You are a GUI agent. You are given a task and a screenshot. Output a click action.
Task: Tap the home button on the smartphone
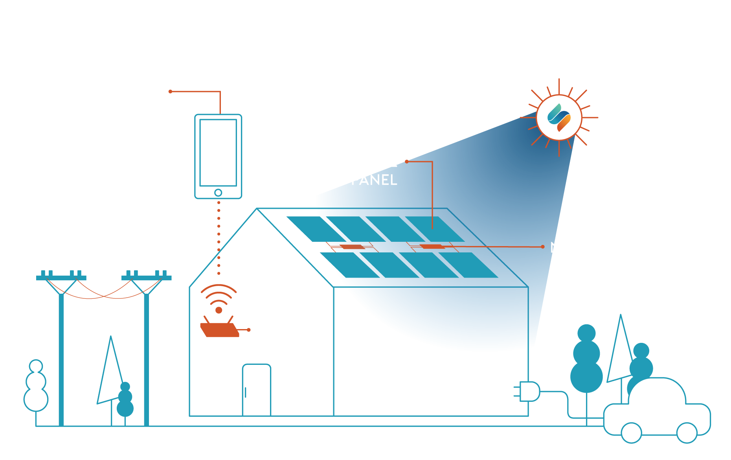pyautogui.click(x=218, y=193)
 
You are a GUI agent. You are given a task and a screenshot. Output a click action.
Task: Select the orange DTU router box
pyautogui.click(x=219, y=330)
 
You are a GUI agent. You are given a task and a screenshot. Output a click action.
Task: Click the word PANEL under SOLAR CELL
pyautogui.click(x=374, y=180)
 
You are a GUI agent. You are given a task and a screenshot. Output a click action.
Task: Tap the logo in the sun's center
pyautogui.click(x=559, y=117)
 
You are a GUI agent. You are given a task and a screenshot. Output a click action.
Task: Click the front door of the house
pyautogui.click(x=257, y=389)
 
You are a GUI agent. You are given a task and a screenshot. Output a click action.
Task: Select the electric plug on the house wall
pyautogui.click(x=529, y=391)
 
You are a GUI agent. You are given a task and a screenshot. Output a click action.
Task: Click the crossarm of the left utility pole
pyautogui.click(x=61, y=278)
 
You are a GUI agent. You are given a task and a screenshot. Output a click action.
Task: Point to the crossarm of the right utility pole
pyautogui.click(x=147, y=278)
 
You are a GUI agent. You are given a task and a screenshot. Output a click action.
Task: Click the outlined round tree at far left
pyautogui.click(x=36, y=387)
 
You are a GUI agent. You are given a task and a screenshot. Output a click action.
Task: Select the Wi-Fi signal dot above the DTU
pyautogui.click(x=219, y=310)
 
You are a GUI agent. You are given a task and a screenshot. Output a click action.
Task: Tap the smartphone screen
pyautogui.click(x=218, y=153)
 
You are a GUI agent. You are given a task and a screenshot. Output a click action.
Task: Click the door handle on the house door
pyautogui.click(x=246, y=392)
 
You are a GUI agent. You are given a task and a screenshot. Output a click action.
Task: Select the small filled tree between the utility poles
pyautogui.click(x=125, y=401)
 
